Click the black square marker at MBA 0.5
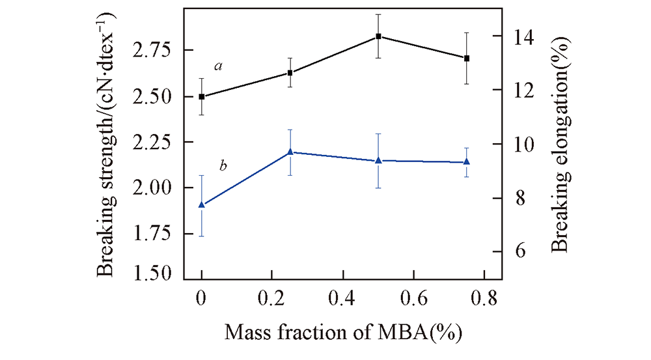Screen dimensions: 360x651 coord(378,36)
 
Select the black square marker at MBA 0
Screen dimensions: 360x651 coord(202,96)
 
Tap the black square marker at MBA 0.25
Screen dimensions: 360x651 coord(290,73)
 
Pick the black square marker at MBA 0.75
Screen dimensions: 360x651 coord(467,59)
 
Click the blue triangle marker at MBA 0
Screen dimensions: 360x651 coord(202,204)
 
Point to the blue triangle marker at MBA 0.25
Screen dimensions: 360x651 coord(290,152)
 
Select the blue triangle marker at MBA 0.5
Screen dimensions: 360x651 coord(378,160)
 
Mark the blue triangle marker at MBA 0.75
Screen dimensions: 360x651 coord(467,161)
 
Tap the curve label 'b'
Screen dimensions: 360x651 coord(223,167)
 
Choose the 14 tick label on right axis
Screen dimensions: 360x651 coord(520,37)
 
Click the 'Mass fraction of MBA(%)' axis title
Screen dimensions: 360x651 coord(344,333)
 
